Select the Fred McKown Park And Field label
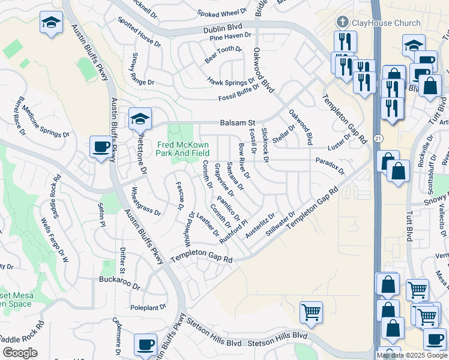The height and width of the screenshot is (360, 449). coord(184,149)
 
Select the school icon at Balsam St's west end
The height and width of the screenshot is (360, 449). coord(140,119)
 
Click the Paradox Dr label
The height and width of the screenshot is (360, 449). coord(330,166)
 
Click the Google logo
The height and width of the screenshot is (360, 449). coord(20,353)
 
